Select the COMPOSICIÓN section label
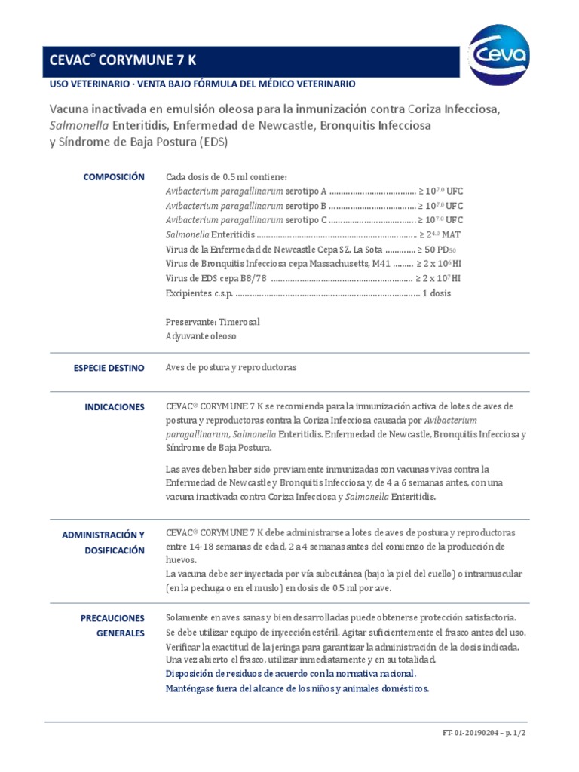click(113, 177)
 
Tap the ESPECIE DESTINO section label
click(109, 368)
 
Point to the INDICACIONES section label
click(115, 407)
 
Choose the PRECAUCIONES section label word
click(112, 618)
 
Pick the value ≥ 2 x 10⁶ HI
click(439, 264)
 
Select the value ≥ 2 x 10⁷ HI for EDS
click(439, 278)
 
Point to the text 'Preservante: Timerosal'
click(213, 322)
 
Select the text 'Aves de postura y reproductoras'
click(231, 368)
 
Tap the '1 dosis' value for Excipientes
click(437, 293)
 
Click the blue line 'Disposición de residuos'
click(290, 674)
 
